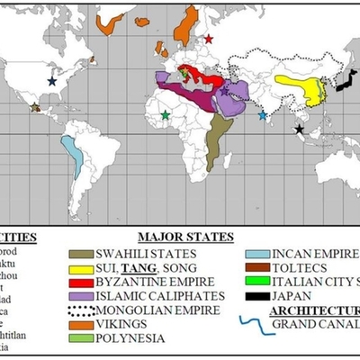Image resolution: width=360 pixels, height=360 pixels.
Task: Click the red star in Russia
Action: coord(209,39)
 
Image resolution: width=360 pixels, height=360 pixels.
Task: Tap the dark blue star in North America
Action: coord(51,81)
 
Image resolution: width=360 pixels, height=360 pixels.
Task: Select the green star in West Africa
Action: coord(165,115)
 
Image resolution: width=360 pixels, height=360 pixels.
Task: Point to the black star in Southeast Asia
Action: coord(299,130)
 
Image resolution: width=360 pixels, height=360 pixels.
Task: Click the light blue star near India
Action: coord(263,115)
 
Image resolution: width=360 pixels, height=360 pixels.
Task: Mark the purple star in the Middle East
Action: coord(224,92)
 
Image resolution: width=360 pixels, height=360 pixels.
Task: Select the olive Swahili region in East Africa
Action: coord(216,139)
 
